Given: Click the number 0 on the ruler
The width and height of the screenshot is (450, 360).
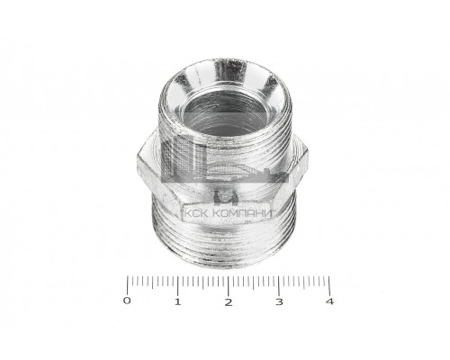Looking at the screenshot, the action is [x=127, y=301].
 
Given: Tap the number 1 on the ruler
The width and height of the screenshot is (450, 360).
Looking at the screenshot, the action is [x=178, y=301].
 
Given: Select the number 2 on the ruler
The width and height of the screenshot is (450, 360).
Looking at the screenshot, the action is [x=229, y=302].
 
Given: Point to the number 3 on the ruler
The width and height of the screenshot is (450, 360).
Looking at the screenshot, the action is [x=279, y=301].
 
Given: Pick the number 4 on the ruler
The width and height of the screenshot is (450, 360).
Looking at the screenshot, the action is [x=329, y=301].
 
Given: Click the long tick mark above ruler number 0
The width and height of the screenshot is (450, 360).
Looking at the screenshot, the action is [x=127, y=285].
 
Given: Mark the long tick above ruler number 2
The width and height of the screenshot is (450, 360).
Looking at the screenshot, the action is [x=229, y=286].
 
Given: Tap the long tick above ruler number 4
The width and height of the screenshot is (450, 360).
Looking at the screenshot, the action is [x=329, y=286].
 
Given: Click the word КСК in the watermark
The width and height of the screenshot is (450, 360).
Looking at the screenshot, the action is [x=196, y=213].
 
